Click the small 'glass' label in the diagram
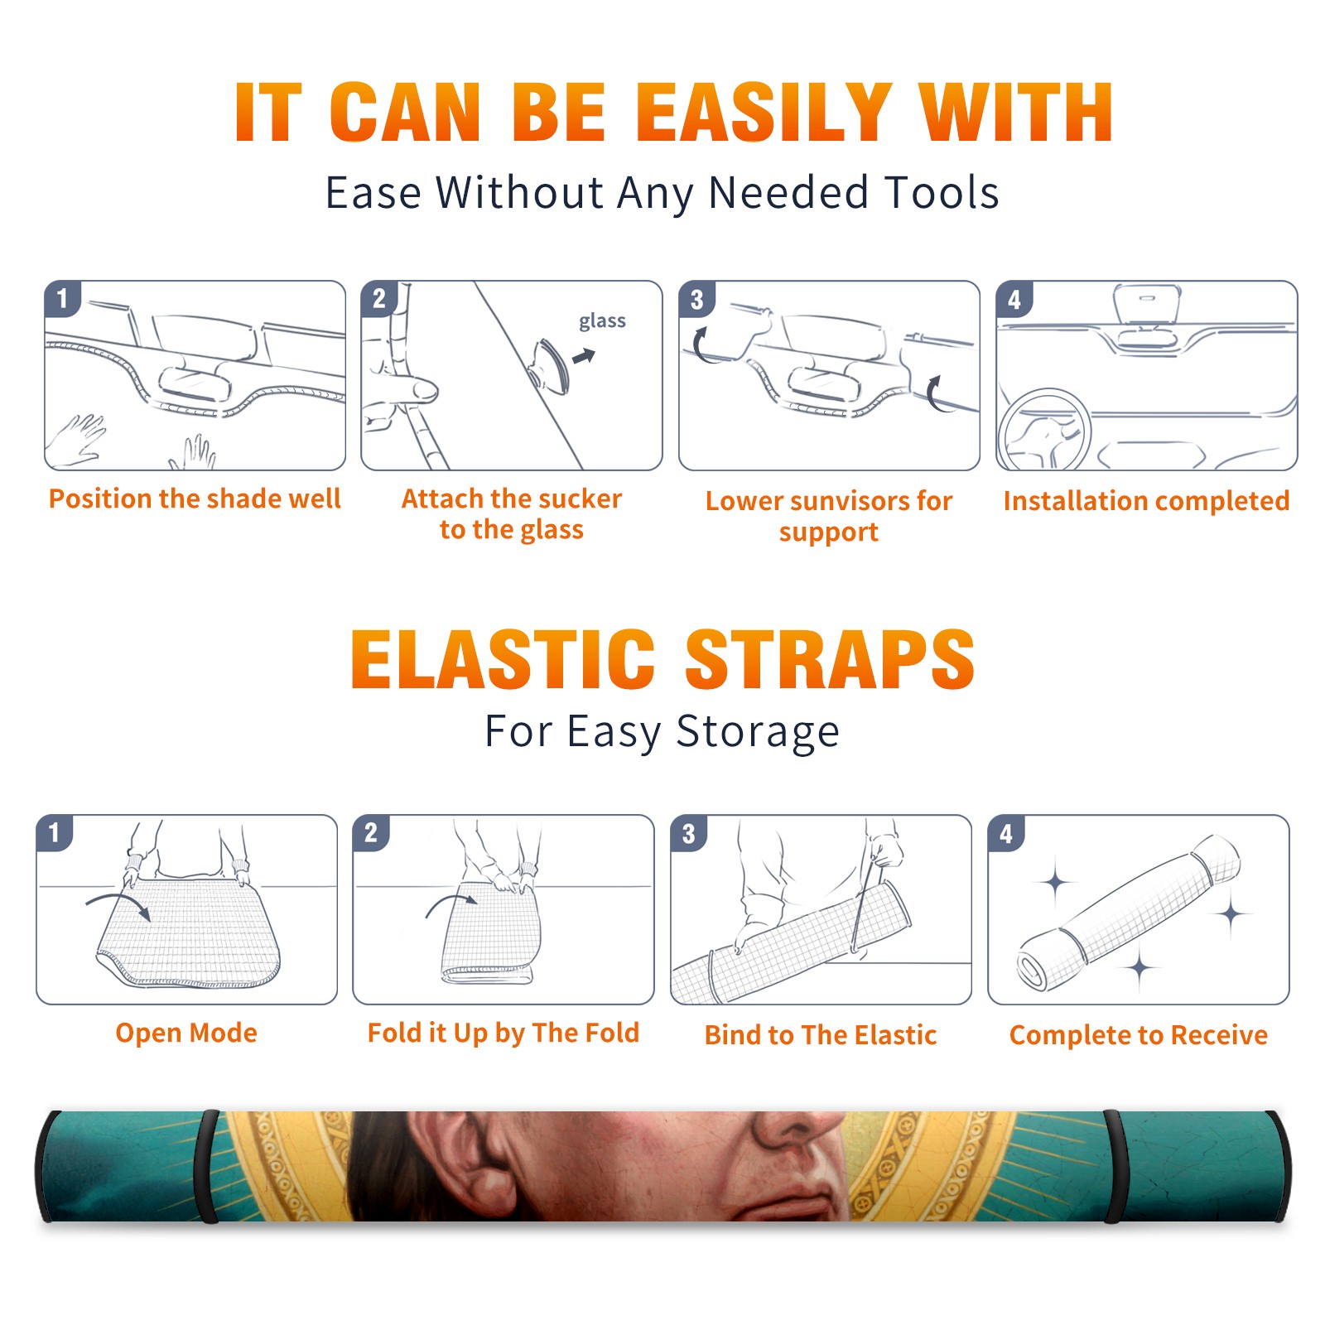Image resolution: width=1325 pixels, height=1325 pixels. pos(602,321)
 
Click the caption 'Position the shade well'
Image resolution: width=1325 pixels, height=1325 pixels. pos(195,499)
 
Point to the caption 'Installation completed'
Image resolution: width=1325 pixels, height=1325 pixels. pos(1146,500)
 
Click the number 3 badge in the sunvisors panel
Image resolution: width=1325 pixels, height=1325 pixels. pos(696,299)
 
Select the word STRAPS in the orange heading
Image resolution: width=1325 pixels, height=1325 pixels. pos(830,659)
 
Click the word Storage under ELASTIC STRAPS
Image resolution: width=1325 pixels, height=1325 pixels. pos(758,732)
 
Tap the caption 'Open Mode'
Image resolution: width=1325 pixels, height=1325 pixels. pos(186,1033)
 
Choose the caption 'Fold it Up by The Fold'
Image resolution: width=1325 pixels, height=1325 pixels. pos(503,1033)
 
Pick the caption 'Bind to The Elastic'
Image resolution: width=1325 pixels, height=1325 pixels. pos(821,1035)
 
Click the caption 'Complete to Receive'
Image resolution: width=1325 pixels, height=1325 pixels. pos(1139,1035)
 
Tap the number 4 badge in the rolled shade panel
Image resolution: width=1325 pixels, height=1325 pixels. pos(1006,833)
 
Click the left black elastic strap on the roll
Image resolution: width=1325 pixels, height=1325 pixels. pos(207,1167)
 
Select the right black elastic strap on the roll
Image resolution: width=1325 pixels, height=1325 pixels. pos(1115,1167)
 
